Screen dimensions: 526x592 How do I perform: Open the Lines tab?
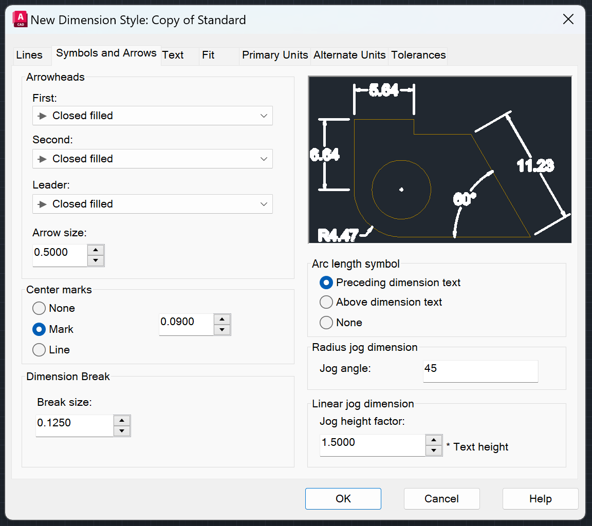point(29,55)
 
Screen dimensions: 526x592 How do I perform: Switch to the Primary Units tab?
point(275,55)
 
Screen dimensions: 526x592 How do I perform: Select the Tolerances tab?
point(418,55)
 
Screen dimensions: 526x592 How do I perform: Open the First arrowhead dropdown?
point(152,116)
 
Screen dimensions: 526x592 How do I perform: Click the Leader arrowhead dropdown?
point(152,204)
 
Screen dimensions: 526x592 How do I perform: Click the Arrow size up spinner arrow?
point(96,250)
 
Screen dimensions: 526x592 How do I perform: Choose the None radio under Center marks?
point(39,309)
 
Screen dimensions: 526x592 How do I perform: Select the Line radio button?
point(39,350)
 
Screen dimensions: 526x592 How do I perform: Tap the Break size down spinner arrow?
point(122,431)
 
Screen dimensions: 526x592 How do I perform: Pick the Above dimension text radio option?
point(326,303)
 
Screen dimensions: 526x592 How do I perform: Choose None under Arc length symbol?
point(326,323)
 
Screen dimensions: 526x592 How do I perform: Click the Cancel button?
point(441,499)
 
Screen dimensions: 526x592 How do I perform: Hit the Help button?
point(540,499)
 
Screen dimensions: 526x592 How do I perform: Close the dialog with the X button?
point(568,20)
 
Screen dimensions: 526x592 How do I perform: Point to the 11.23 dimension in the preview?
point(535,165)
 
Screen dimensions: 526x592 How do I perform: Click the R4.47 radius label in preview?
point(338,236)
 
